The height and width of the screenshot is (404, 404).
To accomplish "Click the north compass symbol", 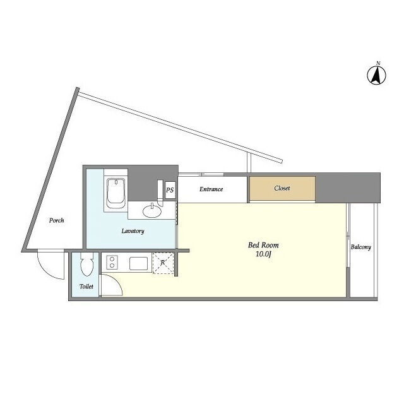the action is [x=376, y=75].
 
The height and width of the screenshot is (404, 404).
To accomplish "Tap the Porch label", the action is [x=56, y=220].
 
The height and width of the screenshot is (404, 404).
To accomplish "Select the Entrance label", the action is [x=211, y=189].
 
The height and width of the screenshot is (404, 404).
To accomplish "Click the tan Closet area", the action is [x=282, y=188].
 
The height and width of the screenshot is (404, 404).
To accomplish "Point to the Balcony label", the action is [x=360, y=247].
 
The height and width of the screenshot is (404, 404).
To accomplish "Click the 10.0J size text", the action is [x=263, y=254].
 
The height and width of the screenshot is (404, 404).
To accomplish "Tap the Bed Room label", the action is [x=263, y=245].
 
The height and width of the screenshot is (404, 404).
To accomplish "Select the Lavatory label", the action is [x=133, y=231].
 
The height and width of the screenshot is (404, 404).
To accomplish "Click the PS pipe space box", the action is [x=170, y=190].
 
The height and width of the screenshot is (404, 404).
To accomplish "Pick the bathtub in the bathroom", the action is [x=116, y=193].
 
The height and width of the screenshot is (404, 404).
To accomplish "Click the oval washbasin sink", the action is [x=152, y=211].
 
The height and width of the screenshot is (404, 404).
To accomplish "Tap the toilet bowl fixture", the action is [x=86, y=264].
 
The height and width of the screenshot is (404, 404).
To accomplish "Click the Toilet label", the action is [x=86, y=286].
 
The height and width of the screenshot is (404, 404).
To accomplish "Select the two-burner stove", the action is [x=112, y=263].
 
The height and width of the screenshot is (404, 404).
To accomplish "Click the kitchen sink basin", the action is [x=139, y=263].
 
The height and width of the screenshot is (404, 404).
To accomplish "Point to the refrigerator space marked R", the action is [x=163, y=263].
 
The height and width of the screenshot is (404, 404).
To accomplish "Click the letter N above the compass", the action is [x=378, y=63].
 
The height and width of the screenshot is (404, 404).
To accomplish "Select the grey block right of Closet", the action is [x=348, y=187].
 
